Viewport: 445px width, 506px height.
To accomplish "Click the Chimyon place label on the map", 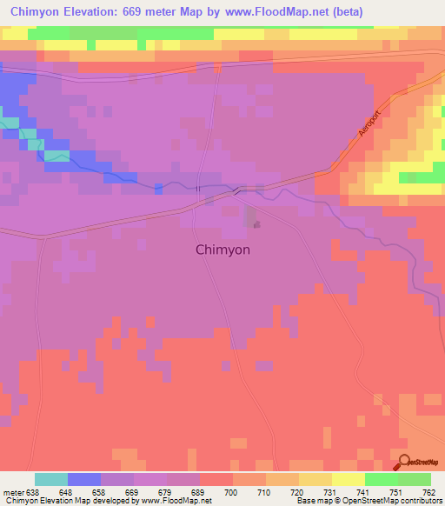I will (x=222, y=250).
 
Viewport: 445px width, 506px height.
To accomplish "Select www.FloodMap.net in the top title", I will (x=270, y=12).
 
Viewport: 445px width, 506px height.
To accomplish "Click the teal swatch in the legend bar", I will (x=51, y=479).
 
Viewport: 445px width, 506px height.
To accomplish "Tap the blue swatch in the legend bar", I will (x=84, y=479).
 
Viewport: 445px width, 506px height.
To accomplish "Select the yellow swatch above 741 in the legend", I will (x=349, y=479).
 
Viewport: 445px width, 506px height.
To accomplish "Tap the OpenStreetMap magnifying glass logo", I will (x=403, y=463).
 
